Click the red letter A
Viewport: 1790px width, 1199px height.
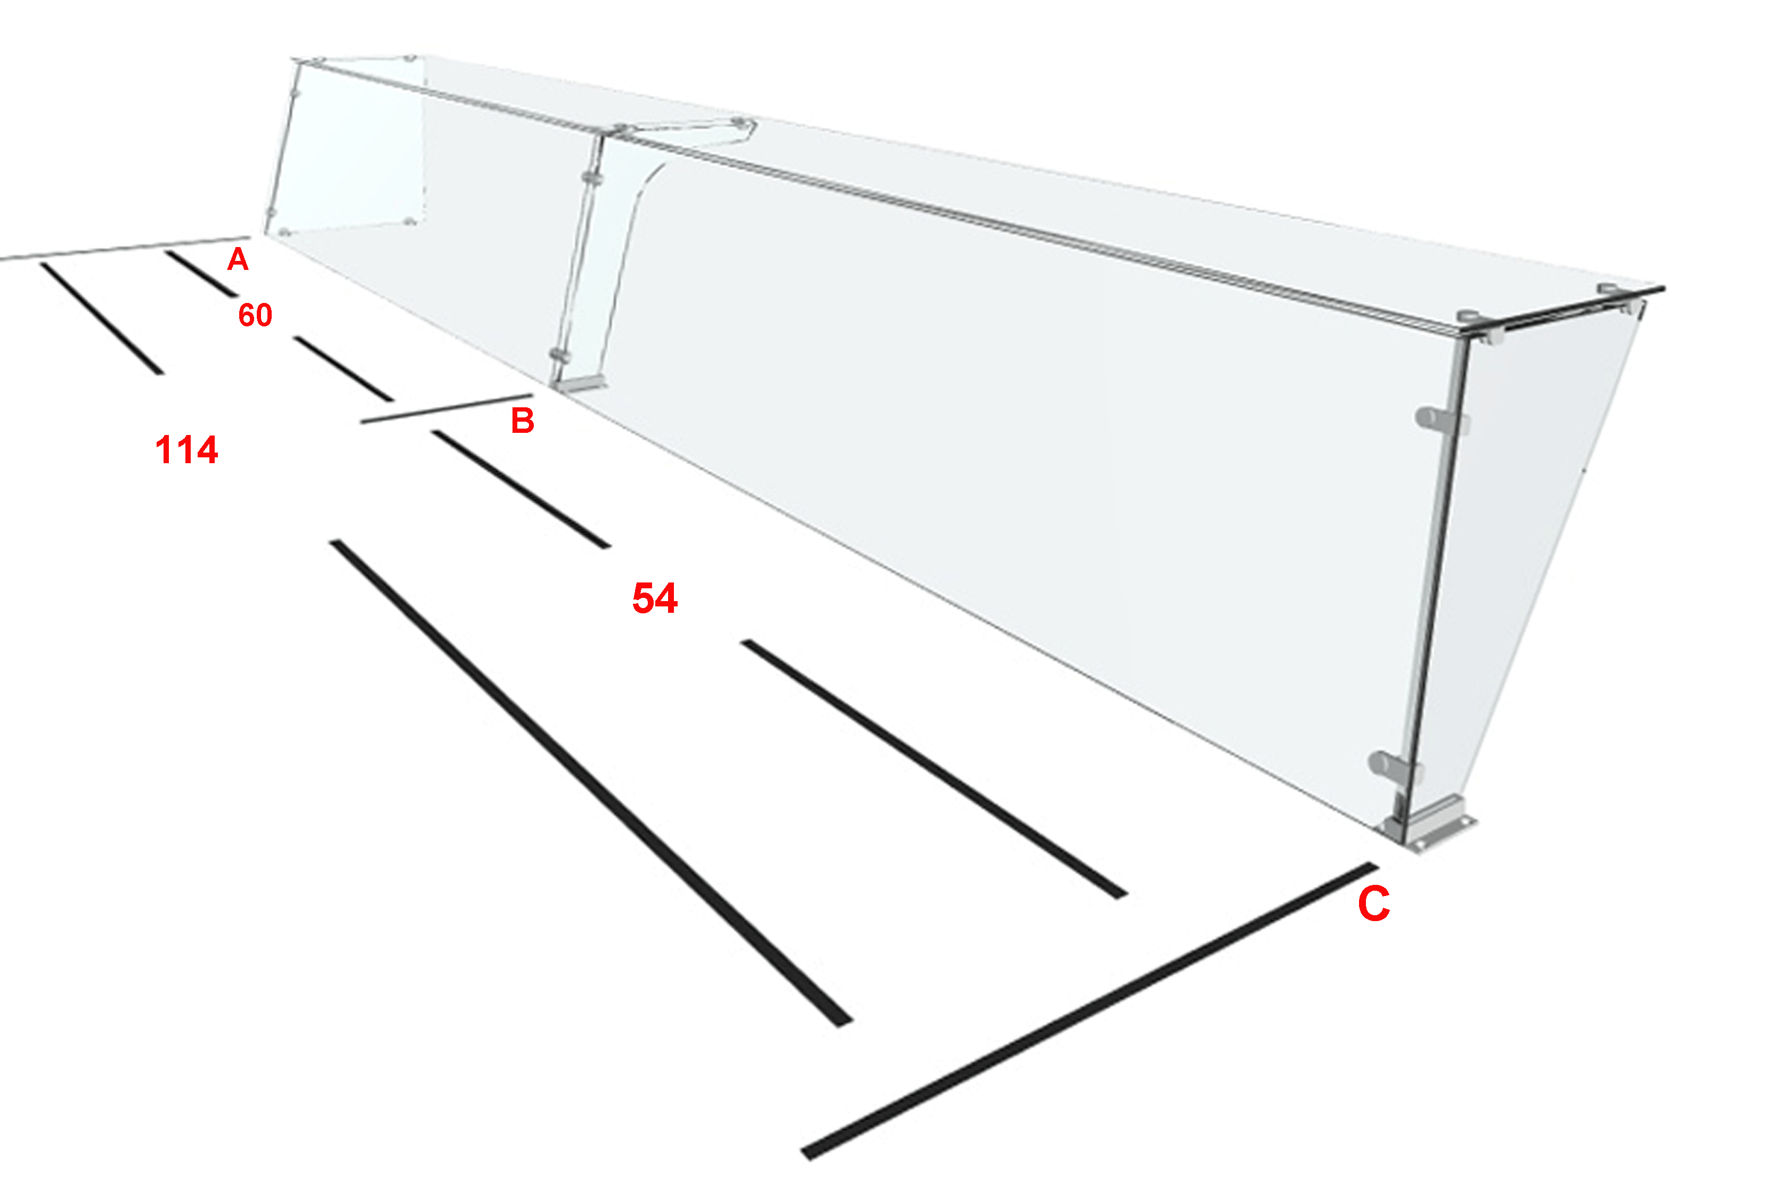[x=238, y=260]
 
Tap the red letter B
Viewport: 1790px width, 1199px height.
[x=523, y=421]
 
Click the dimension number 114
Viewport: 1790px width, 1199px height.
[x=186, y=449]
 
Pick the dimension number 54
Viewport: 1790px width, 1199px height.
[x=655, y=598]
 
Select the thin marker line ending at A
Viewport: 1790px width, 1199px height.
[x=125, y=249]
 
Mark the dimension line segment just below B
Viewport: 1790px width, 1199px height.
[x=521, y=489]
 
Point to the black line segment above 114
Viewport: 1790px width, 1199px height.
[x=102, y=319]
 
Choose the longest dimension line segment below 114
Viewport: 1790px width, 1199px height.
[x=591, y=783]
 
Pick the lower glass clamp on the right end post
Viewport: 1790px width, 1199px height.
[x=1395, y=766]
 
